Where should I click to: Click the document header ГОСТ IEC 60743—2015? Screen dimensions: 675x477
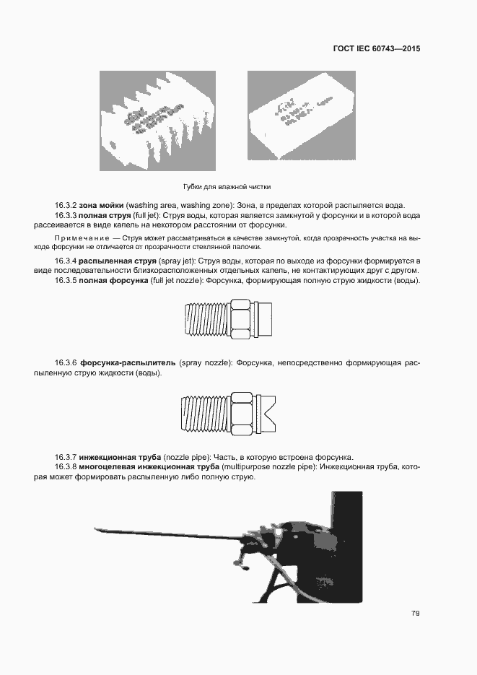(376, 50)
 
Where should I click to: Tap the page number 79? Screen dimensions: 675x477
(416, 614)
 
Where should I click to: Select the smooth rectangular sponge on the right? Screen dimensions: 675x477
(301, 116)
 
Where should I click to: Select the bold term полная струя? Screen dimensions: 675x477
(105, 216)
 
